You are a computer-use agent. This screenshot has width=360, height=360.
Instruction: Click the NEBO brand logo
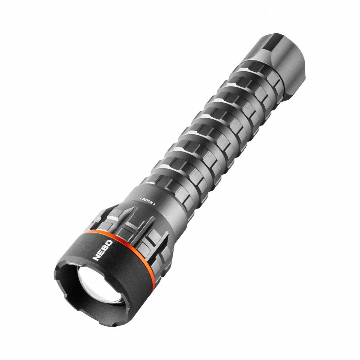click(104, 250)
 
